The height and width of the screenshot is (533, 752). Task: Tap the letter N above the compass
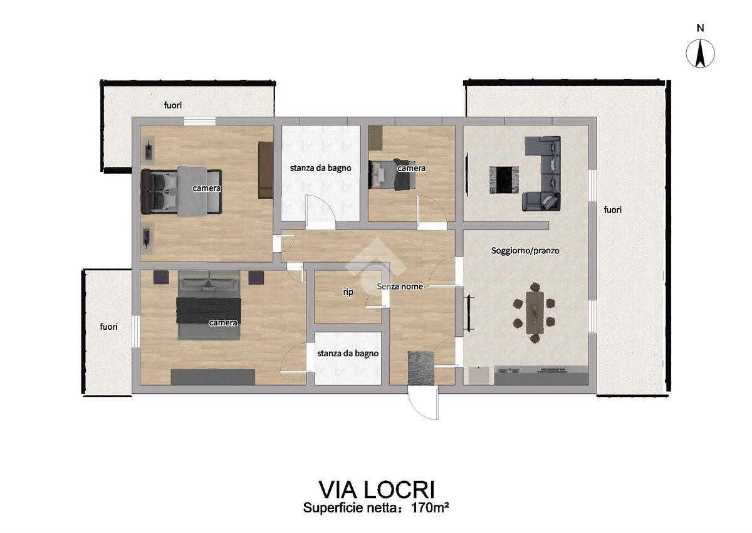(x=701, y=28)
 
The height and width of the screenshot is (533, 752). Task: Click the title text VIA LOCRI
(x=377, y=490)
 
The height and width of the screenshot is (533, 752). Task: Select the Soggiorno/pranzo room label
(x=525, y=251)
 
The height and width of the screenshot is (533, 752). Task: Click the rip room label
(x=348, y=292)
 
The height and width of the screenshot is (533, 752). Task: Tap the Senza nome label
(x=400, y=287)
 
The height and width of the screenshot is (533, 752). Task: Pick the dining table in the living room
(x=535, y=313)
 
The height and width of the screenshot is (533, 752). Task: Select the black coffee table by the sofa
(x=504, y=180)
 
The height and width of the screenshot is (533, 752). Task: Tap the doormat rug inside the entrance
(x=421, y=367)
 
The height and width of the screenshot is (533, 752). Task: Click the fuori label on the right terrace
(x=613, y=210)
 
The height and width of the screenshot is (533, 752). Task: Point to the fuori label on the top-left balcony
(x=172, y=105)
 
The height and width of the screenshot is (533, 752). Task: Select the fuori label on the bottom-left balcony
(x=109, y=327)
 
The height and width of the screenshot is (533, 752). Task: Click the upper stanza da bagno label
(x=321, y=168)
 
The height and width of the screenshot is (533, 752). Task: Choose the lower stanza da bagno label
(x=348, y=353)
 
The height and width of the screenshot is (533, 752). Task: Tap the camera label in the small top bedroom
(x=411, y=168)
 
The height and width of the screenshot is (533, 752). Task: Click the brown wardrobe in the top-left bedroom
(x=265, y=170)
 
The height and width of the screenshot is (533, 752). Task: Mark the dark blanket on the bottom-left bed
(x=209, y=310)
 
